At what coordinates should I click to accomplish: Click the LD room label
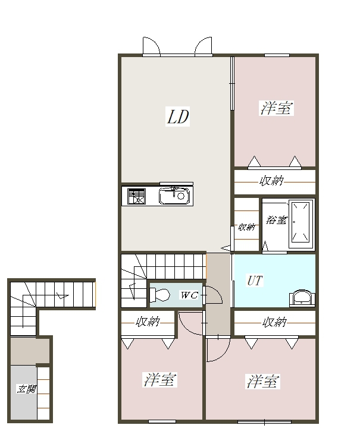177,117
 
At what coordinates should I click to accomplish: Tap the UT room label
255,281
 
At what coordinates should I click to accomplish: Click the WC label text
189,295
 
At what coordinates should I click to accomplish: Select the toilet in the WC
160,295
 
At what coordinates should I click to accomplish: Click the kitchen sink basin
174,196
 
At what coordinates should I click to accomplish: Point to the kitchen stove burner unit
136,196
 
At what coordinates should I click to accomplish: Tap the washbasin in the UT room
302,298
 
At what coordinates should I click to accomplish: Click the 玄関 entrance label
27,389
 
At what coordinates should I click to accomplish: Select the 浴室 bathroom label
277,220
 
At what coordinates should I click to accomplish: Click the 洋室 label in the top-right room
276,108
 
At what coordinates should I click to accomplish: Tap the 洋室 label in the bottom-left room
159,380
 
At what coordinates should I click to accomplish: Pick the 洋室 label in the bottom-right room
262,382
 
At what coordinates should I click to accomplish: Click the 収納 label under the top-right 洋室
271,181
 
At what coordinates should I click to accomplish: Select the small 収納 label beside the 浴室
246,227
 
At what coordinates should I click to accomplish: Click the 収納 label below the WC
148,322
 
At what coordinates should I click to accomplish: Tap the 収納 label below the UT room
274,322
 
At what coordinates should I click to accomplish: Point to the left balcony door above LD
151,46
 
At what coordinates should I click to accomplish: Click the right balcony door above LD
204,46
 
